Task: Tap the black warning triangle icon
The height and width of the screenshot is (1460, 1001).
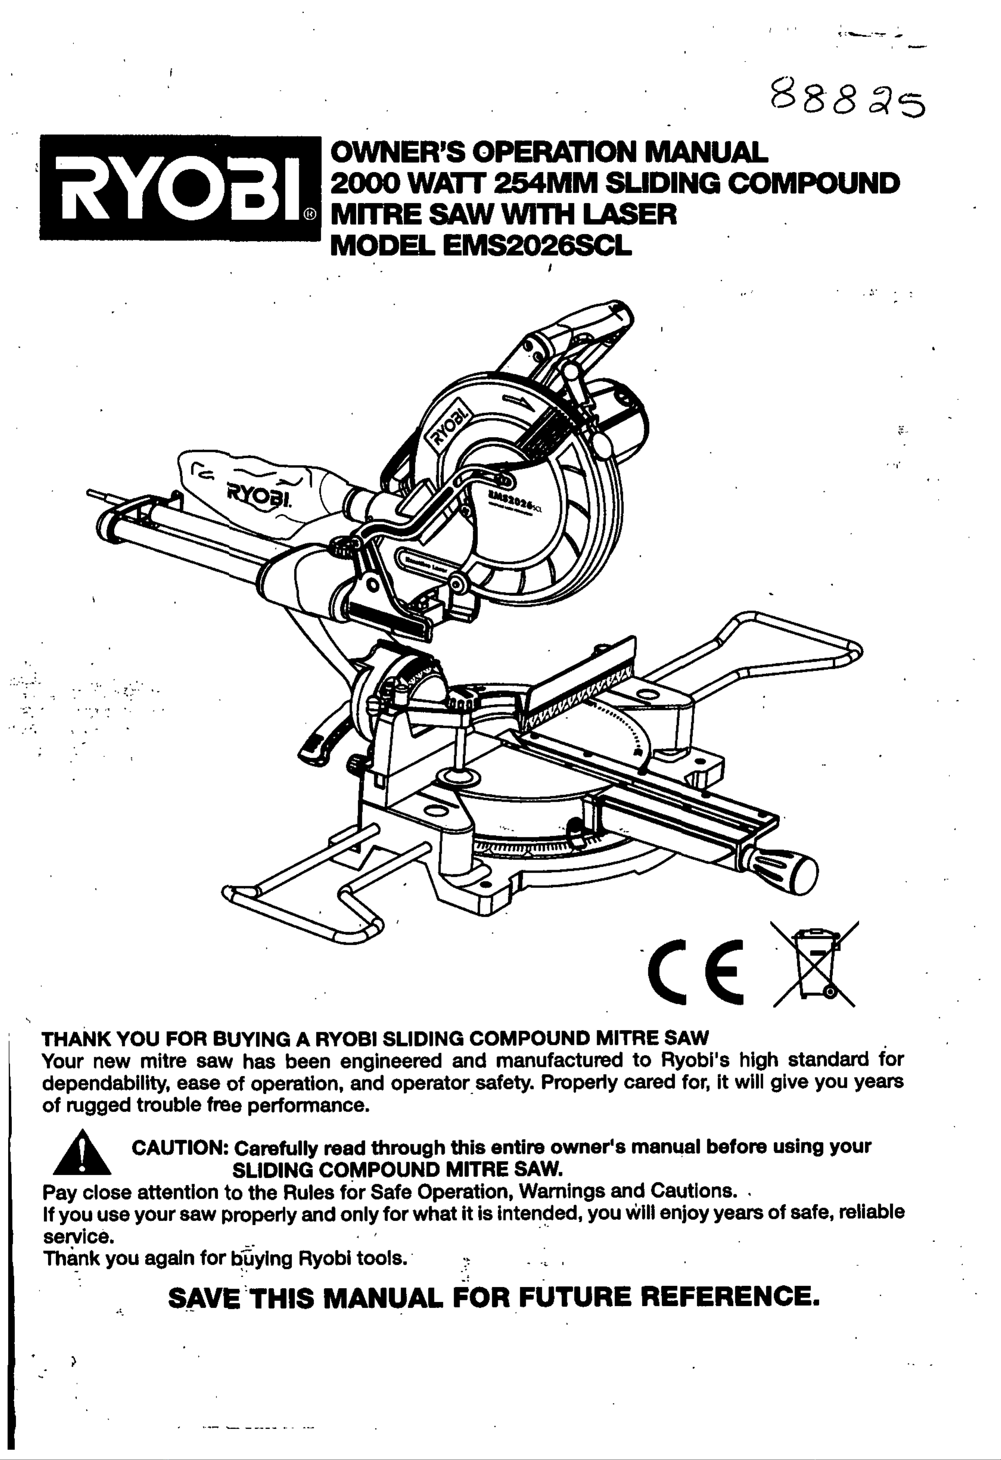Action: click(82, 1153)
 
